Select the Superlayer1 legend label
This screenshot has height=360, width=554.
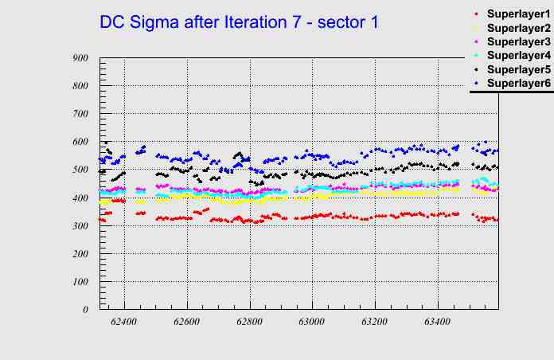518,14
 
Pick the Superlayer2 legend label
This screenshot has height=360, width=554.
518,28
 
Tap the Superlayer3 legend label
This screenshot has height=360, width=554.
518,41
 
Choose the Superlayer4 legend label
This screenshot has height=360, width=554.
518,56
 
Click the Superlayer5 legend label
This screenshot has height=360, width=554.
518,69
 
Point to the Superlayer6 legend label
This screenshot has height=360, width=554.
518,83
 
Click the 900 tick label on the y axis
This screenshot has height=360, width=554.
80,58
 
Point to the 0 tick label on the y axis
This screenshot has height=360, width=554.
85,309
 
